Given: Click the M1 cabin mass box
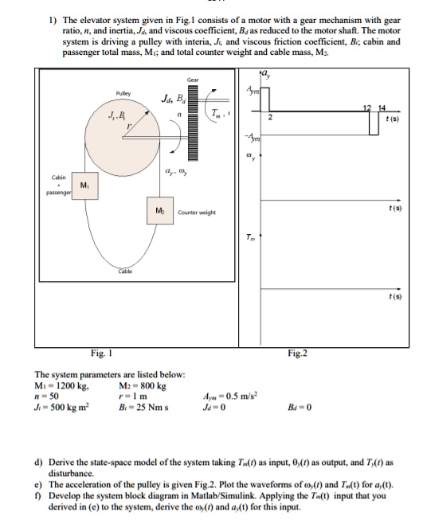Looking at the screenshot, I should [x=82, y=185].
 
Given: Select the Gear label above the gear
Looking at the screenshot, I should [x=193, y=80].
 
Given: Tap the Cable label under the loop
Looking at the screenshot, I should [x=126, y=270].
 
